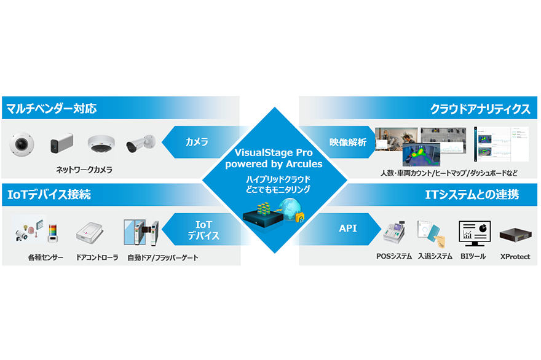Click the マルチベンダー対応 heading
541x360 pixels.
pyautogui.click(x=52, y=109)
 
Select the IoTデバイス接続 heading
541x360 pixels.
pyautogui.click(x=49, y=195)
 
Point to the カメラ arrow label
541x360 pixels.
pyautogui.click(x=197, y=142)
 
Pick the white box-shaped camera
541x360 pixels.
pyautogui.click(x=61, y=144)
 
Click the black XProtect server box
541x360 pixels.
pyautogui.click(x=515, y=235)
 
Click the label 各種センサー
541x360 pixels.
pyautogui.click(x=45, y=257)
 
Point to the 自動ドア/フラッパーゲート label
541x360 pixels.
pyautogui.click(x=163, y=257)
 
